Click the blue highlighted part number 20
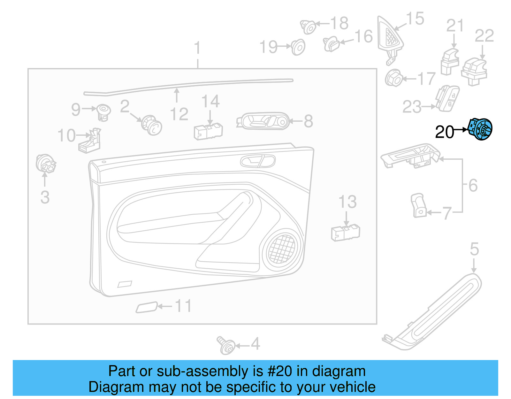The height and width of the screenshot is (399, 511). click(480, 129)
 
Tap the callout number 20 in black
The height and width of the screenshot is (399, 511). click(444, 132)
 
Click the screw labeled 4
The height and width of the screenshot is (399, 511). click(226, 345)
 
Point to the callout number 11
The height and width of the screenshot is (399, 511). click(183, 306)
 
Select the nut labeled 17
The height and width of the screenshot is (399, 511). click(393, 78)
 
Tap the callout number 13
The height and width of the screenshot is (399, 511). click(347, 202)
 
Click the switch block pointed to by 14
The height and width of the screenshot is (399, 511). click(208, 131)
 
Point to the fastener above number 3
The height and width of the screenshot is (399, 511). click(45, 163)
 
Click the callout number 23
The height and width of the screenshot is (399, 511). click(412, 107)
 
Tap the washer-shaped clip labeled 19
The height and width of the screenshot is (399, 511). click(298, 47)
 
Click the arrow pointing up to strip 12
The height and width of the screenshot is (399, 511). click(177, 95)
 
